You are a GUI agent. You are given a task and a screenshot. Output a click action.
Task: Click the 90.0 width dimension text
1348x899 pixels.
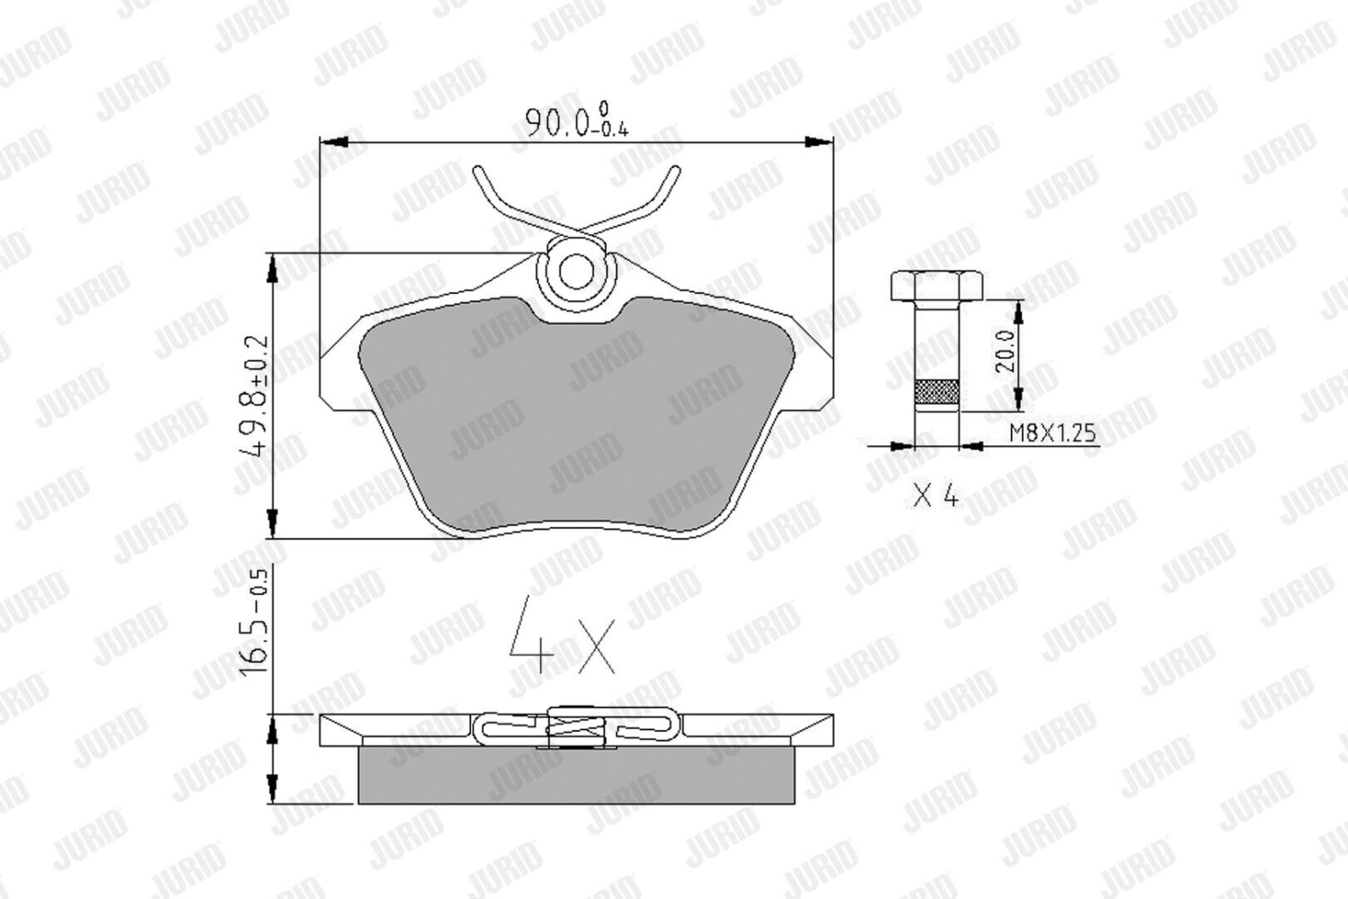(x=577, y=121)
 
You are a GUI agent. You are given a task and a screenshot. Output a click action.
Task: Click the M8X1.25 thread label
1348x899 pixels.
(x=1052, y=432)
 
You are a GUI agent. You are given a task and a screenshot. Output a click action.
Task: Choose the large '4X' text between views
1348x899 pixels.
(x=562, y=636)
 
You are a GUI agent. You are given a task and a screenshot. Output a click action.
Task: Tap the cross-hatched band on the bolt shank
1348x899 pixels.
(x=936, y=392)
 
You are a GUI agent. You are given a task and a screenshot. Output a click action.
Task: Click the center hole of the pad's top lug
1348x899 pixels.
(x=576, y=271)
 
